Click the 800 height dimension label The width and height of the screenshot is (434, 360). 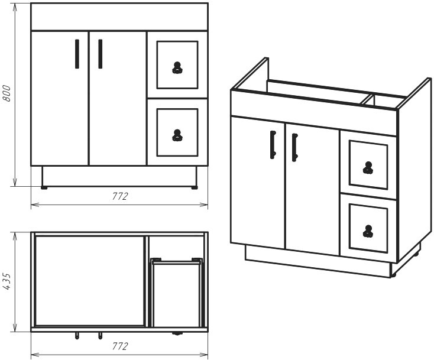(x=7, y=93)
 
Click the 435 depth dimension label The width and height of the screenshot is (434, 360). (x=7, y=281)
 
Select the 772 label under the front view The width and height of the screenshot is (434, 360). (x=120, y=196)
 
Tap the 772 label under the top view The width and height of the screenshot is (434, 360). (x=120, y=346)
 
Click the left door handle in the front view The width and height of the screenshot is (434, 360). (x=77, y=54)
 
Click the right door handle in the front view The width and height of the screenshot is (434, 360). (x=100, y=54)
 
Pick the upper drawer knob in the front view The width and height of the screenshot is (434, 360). (x=177, y=68)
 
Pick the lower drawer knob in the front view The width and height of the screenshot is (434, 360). (x=177, y=135)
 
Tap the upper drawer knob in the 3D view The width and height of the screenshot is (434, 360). (x=368, y=168)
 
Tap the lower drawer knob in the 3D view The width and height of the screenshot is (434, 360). (x=368, y=231)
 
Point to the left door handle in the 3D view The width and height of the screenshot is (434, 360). (x=273, y=145)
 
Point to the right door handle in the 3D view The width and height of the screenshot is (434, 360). (x=295, y=147)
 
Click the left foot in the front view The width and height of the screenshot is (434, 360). (x=44, y=187)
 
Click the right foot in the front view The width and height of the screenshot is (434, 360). (x=195, y=187)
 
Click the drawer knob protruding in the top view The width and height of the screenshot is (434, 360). (x=177, y=333)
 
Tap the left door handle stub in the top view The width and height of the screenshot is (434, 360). (x=77, y=336)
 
